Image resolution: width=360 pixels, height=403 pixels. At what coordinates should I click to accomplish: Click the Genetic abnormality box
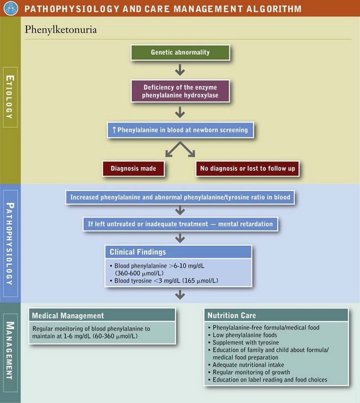(x=180, y=53)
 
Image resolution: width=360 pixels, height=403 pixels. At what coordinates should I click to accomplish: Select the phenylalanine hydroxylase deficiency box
(x=180, y=91)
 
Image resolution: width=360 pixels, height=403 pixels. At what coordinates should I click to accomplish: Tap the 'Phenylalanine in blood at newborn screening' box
(x=180, y=131)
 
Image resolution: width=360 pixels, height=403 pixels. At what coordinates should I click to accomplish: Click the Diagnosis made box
(x=133, y=168)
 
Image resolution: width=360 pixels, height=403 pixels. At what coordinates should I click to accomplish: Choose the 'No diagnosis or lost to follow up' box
(x=248, y=168)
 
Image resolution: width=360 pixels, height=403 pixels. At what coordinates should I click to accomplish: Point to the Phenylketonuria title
(x=61, y=30)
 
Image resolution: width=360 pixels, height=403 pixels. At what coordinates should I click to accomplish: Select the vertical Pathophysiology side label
(x=11, y=243)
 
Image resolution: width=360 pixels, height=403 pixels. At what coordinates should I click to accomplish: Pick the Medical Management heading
(x=68, y=316)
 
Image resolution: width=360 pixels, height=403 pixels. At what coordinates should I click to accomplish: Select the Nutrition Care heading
(x=232, y=316)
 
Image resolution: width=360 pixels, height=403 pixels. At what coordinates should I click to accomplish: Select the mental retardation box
(x=180, y=224)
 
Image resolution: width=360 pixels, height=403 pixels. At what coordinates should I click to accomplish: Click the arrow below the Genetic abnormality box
(x=180, y=70)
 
